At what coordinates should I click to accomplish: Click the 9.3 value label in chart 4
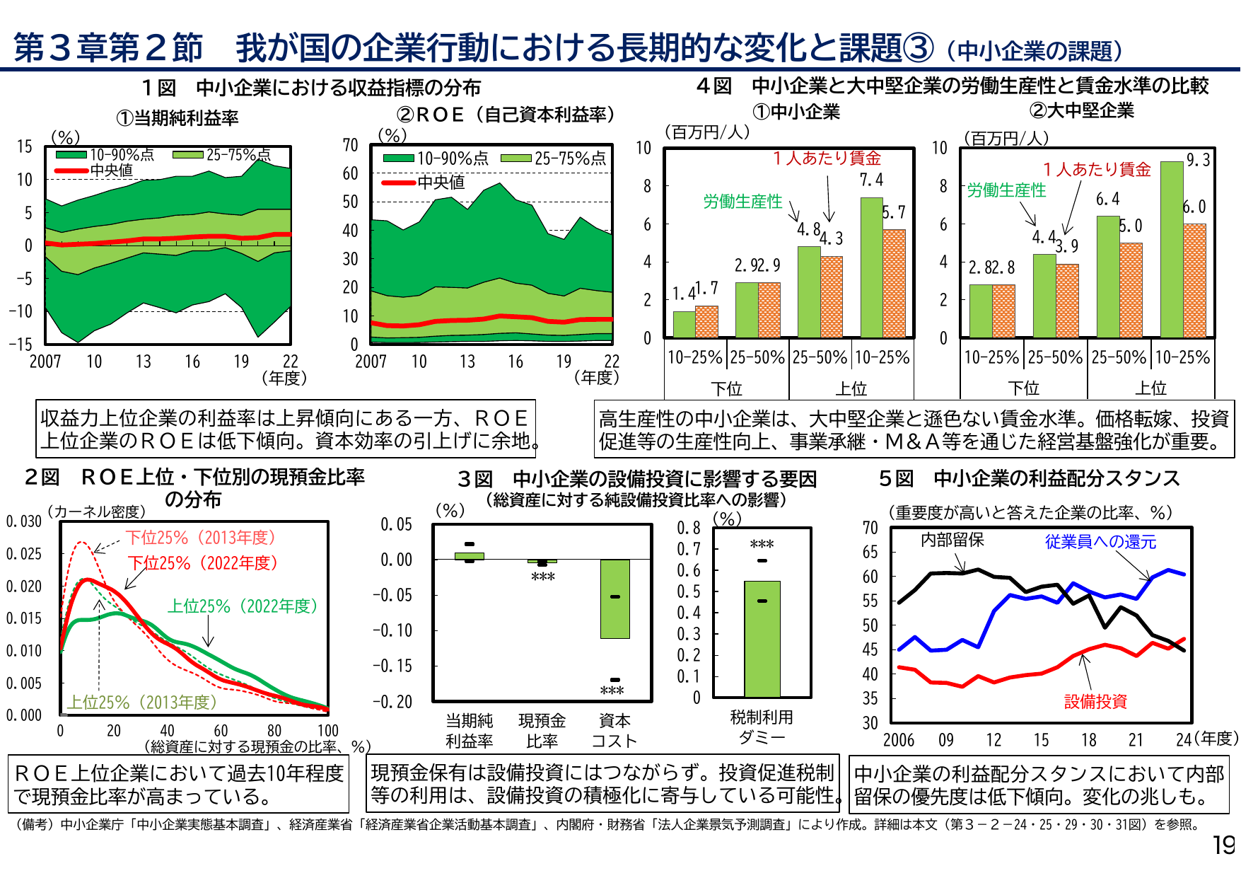point(1198,161)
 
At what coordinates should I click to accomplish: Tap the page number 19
point(1223,845)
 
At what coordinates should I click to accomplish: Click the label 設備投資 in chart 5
point(1095,702)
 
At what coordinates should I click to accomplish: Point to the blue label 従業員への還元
point(1100,542)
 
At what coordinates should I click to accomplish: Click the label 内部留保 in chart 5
point(952,540)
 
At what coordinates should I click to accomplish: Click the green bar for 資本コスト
point(614,599)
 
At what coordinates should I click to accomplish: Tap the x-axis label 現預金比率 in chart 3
point(542,730)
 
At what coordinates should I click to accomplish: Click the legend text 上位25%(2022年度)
point(242,606)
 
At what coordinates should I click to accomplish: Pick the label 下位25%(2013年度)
point(201,538)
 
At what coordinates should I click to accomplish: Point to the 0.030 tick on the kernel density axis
point(24,521)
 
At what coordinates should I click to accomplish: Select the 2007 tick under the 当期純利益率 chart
point(45,362)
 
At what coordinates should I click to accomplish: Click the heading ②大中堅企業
point(1081,111)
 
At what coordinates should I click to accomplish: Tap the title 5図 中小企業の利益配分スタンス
point(1029,479)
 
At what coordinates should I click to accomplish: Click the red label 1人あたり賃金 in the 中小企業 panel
point(827,158)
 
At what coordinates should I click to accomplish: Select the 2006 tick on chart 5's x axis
point(898,740)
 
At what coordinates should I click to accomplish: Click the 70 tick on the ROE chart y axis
point(350,145)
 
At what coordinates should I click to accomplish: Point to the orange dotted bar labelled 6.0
point(1194,280)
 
